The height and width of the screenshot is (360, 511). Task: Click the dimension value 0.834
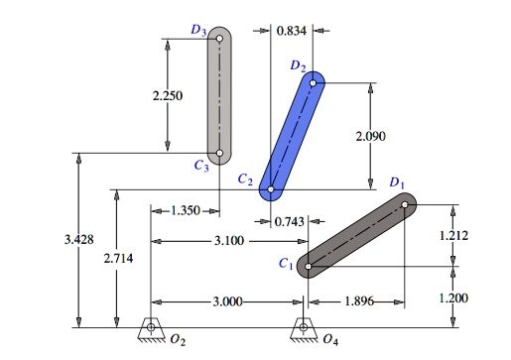pyautogui.click(x=290, y=31)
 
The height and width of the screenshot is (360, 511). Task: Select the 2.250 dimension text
pyautogui.click(x=167, y=96)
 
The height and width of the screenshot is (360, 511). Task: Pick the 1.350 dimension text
pyautogui.click(x=185, y=210)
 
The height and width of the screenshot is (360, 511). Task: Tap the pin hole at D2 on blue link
pyautogui.click(x=315, y=83)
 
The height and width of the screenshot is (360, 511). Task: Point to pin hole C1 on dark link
pyautogui.click(x=309, y=266)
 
